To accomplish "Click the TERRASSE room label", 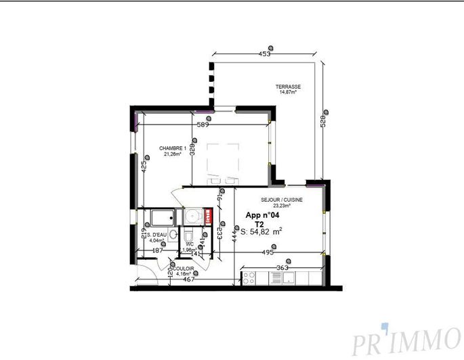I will tap(288, 87).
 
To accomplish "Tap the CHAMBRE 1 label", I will tap(173, 148).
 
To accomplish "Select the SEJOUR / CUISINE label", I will tap(281, 200).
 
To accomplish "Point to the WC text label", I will tap(190, 244).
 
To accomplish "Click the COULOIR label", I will tap(182, 269).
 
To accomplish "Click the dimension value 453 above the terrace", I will tap(266, 53).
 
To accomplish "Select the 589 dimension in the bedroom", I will tap(203, 125).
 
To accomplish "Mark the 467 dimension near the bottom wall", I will tap(179, 279).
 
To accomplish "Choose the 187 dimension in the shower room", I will tap(157, 251).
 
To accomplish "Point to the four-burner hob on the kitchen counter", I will tap(248, 278).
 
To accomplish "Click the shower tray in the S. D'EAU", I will tap(162, 217).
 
